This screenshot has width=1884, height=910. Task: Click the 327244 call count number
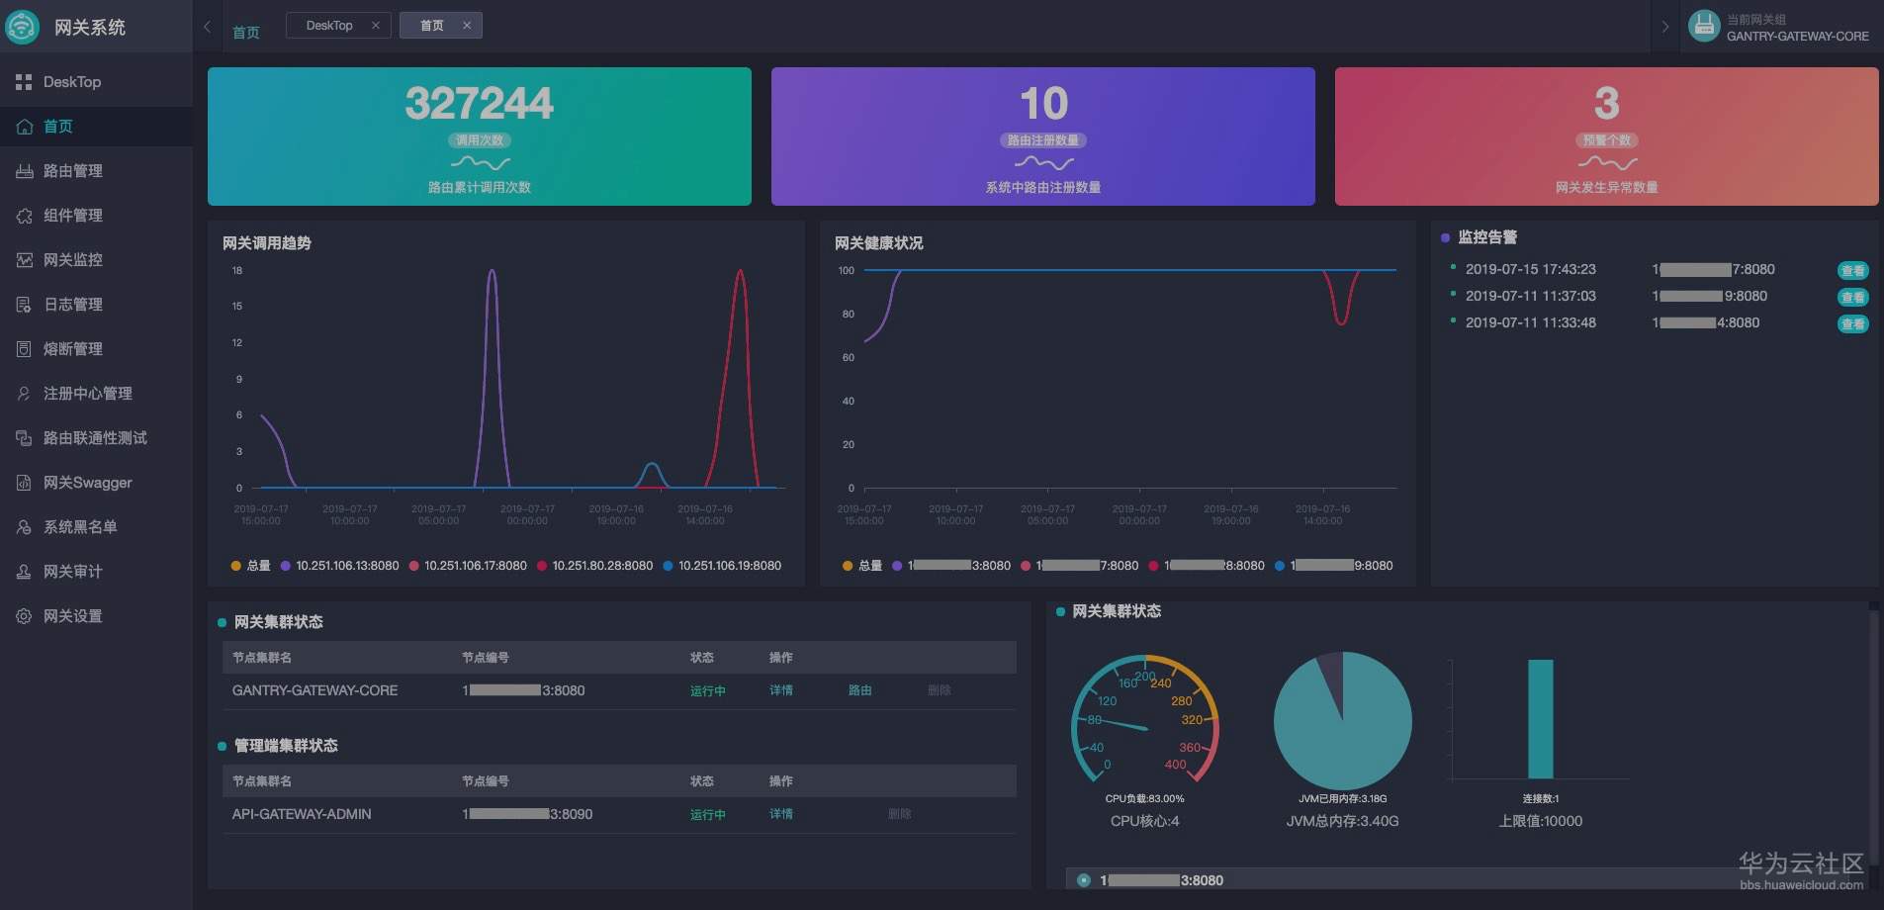[x=479, y=104]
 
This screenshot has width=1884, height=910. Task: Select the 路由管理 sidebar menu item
[x=72, y=171]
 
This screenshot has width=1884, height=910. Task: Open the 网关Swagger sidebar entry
[x=87, y=483]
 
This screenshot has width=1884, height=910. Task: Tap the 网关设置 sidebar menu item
[x=72, y=616]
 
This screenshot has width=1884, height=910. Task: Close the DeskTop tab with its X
[x=376, y=26]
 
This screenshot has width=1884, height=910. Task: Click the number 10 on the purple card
[x=1043, y=104]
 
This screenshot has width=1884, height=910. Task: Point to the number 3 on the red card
[x=1606, y=104]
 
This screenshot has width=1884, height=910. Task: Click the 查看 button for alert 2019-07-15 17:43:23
[x=1852, y=270]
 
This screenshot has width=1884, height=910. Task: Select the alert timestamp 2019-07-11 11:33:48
[x=1530, y=322]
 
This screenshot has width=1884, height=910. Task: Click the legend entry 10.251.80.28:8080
[x=601, y=566]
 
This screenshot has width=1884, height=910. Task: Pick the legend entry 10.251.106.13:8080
[x=346, y=566]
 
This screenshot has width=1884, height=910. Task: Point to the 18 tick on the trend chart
[x=237, y=270]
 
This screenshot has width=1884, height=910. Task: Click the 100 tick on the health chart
[x=847, y=270]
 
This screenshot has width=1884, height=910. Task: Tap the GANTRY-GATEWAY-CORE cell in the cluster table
[x=314, y=690]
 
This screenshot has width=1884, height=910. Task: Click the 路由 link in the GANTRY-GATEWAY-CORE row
[x=859, y=690]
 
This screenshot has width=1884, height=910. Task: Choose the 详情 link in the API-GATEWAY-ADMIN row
[x=780, y=814]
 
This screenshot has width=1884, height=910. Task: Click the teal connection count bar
[x=1540, y=719]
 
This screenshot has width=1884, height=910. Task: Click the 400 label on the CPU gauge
[x=1175, y=765]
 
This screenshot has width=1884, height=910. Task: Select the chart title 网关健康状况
[x=878, y=243]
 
